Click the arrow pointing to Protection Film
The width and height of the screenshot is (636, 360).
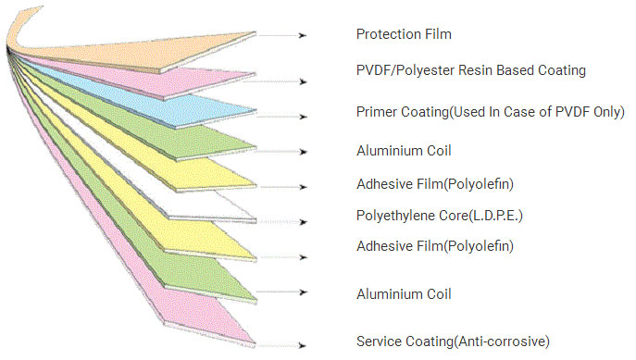282,36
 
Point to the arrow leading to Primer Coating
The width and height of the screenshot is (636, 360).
282,117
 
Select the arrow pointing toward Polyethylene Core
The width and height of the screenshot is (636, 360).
282,222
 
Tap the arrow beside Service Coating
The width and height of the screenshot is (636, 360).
282,345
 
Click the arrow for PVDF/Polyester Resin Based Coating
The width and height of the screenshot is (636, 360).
275,81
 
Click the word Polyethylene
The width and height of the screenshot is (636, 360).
390,216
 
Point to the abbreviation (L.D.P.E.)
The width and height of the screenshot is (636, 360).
495,216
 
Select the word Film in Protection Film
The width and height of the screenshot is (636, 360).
438,34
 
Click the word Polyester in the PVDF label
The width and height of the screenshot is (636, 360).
425,70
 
